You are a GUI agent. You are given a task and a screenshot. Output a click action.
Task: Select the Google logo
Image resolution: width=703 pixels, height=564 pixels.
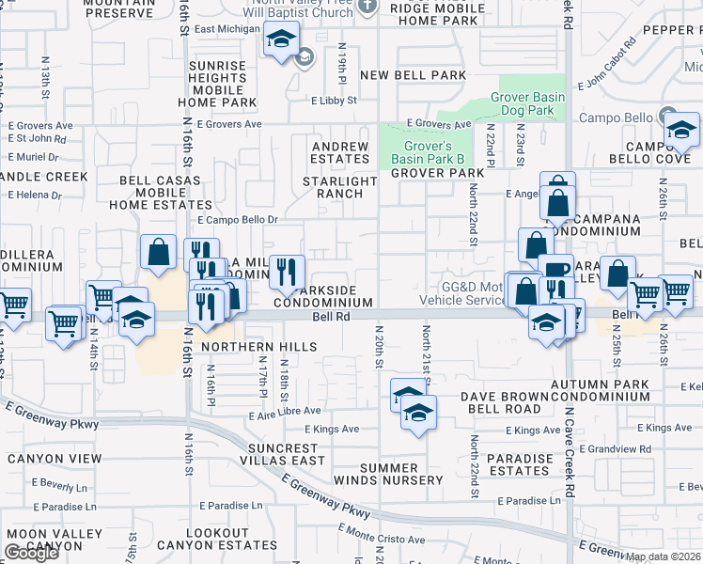(x=31, y=553)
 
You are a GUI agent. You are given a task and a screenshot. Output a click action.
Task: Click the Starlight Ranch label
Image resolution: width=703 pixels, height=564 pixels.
(x=333, y=187)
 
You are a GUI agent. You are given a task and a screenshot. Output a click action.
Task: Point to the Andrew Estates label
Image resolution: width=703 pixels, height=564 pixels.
(x=339, y=153)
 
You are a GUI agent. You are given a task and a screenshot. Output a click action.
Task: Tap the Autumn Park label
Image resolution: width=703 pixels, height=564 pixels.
(x=600, y=385)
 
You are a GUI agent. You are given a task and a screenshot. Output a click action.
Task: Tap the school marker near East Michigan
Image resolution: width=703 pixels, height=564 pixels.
(x=280, y=39)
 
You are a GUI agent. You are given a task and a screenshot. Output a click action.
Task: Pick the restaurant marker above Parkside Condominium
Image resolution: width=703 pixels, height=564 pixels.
(x=287, y=271)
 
